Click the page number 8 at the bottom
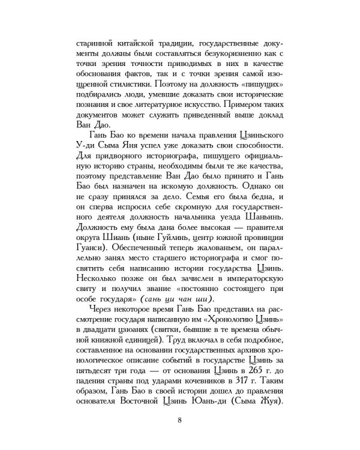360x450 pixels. pyautogui.click(x=180, y=419)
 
